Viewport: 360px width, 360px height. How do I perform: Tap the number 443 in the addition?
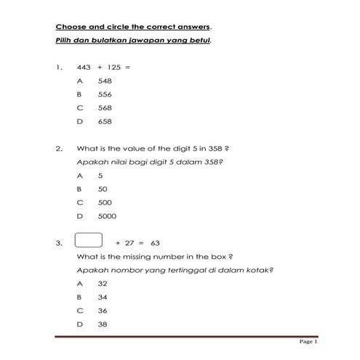click(84, 67)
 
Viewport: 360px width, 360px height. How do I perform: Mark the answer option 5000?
click(107, 216)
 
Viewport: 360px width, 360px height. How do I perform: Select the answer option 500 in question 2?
click(105, 202)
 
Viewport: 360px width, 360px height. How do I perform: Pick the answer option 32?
click(103, 284)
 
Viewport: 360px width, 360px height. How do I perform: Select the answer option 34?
click(103, 297)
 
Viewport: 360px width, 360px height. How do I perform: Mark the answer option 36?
click(103, 311)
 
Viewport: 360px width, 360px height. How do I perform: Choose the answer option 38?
click(103, 324)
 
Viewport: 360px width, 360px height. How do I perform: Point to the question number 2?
click(58, 148)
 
